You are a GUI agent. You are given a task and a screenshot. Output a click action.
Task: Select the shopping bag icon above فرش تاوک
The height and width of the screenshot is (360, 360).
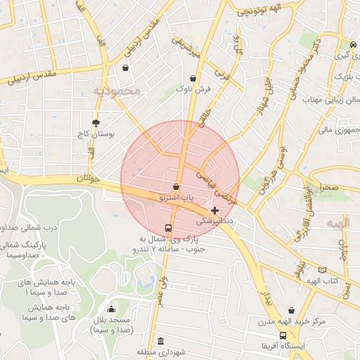click(x=193, y=78)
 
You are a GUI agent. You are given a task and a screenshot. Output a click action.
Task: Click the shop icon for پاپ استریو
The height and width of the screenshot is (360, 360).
click(x=175, y=187)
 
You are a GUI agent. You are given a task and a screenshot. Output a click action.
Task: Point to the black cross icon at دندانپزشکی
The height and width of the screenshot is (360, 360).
click(x=214, y=210)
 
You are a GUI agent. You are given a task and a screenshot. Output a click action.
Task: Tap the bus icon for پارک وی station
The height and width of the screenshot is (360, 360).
click(x=167, y=228)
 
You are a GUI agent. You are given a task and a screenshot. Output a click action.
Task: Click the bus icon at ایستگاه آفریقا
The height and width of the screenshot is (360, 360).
click(x=283, y=335)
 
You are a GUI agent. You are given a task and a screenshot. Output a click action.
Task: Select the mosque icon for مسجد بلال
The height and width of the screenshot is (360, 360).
click(x=111, y=309)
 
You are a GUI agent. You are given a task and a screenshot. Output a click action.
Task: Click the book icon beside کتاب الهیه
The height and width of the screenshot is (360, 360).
click(x=322, y=270)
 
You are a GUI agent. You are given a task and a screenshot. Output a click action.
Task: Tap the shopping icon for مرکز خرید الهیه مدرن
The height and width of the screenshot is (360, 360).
click(x=291, y=310)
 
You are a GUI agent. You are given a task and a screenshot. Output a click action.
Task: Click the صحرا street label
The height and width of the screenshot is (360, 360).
click(x=328, y=188)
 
